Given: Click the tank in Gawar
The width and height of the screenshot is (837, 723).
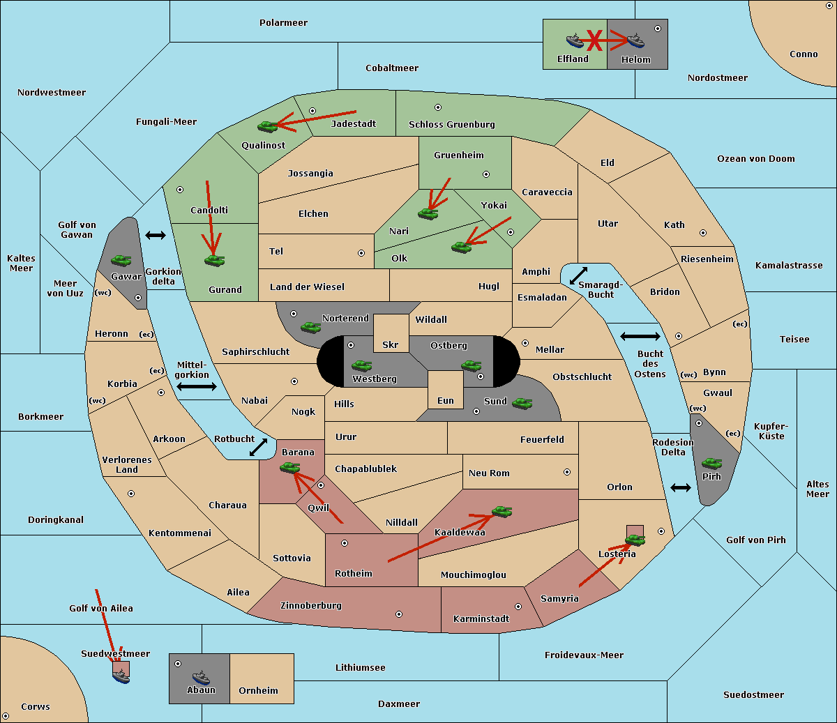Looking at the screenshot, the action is pyautogui.click(x=121, y=260).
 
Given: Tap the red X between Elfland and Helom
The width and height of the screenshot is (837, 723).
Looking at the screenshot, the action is pyautogui.click(x=594, y=40).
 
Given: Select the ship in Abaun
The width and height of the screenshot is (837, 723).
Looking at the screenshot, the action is pyautogui.click(x=202, y=678).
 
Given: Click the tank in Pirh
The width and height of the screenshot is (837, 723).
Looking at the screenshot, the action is pyautogui.click(x=711, y=463).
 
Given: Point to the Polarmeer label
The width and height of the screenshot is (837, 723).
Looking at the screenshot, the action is pyautogui.click(x=283, y=23).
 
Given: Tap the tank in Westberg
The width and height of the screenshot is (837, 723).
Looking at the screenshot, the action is pyautogui.click(x=361, y=365).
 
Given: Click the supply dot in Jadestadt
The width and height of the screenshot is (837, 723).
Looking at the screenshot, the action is pyautogui.click(x=312, y=111).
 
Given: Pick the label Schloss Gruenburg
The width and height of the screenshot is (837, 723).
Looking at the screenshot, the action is pyautogui.click(x=451, y=124).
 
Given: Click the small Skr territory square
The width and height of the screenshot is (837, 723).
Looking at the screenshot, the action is pyautogui.click(x=391, y=333).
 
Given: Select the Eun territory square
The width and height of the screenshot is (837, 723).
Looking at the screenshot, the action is pyautogui.click(x=446, y=390).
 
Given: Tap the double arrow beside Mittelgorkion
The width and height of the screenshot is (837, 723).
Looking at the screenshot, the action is pyautogui.click(x=197, y=386).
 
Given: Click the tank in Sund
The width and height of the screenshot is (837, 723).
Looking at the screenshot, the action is pyautogui.click(x=522, y=403).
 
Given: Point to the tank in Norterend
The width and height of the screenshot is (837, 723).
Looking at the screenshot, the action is pyautogui.click(x=311, y=327).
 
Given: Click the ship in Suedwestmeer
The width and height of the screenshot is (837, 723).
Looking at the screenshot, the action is pyautogui.click(x=121, y=676).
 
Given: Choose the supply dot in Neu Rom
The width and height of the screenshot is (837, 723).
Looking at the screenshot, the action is pyautogui.click(x=567, y=472).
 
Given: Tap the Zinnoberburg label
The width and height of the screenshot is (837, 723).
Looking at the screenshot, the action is pyautogui.click(x=311, y=606).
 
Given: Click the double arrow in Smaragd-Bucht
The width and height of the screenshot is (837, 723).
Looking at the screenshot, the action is pyautogui.click(x=578, y=275).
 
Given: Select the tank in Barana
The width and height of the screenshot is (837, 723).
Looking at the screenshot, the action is pyautogui.click(x=290, y=468).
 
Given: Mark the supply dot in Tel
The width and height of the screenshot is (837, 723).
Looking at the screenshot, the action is pyautogui.click(x=361, y=253).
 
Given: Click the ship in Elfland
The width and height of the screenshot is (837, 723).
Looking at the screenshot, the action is pyautogui.click(x=575, y=40).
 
